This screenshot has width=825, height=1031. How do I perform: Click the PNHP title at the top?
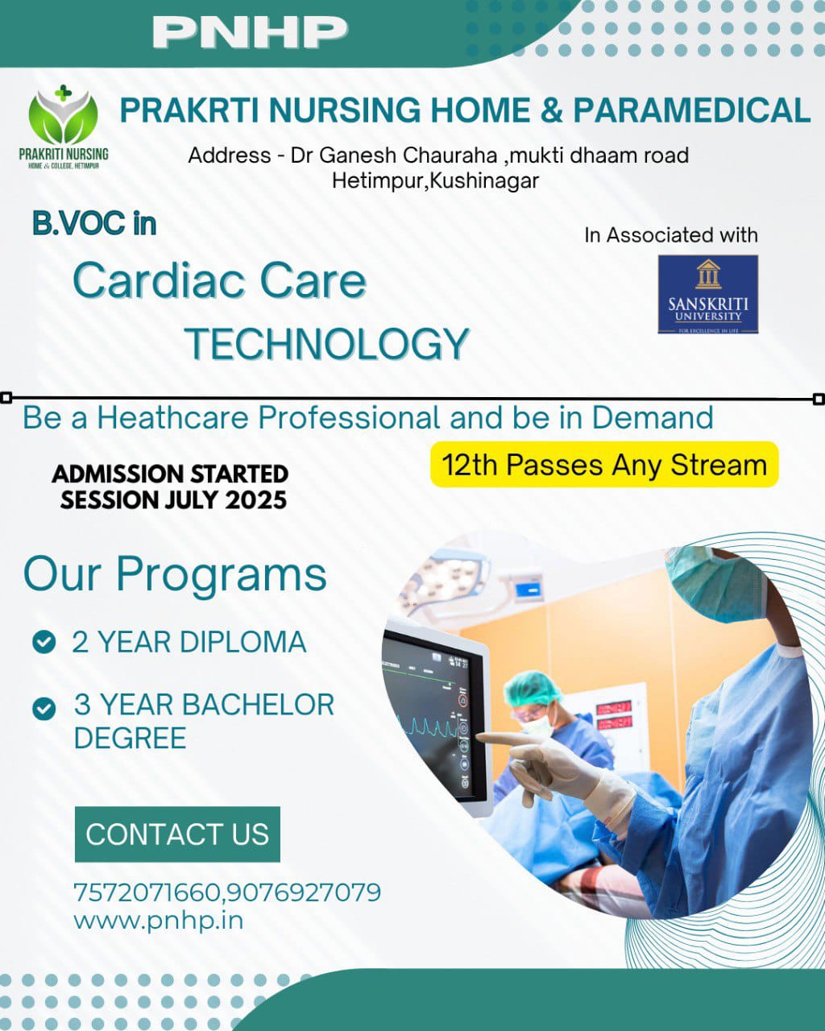point(249,31)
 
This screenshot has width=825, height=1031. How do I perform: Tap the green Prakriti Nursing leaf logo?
point(63,117)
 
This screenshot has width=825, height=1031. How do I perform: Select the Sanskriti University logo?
point(707,295)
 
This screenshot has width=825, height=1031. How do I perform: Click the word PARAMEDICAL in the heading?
point(691,110)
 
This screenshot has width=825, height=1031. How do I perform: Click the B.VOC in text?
point(94,223)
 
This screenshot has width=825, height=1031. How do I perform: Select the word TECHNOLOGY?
point(327,344)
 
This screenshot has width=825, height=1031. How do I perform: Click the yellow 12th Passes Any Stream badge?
point(603,465)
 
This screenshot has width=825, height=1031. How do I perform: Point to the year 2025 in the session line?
point(255,499)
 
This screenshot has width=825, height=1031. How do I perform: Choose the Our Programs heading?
point(175,574)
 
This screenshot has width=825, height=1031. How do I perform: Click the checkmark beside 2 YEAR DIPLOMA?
point(44,642)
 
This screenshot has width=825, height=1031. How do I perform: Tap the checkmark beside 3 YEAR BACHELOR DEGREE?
point(44,708)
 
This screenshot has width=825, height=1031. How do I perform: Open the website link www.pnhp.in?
point(158,920)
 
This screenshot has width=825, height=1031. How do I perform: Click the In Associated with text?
point(670,235)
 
